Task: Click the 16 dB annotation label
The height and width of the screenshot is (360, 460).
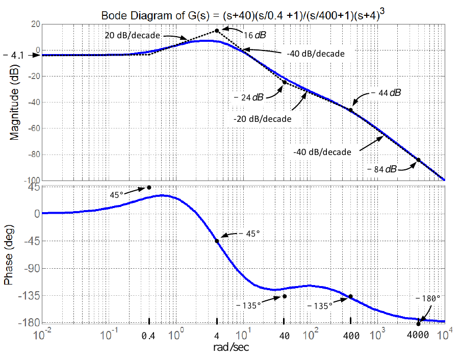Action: click(x=255, y=35)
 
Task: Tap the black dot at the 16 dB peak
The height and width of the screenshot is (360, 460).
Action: click(x=217, y=31)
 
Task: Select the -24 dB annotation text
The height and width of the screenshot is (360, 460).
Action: click(x=249, y=97)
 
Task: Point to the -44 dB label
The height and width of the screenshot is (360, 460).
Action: click(x=386, y=93)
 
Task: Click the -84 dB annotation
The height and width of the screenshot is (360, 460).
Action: click(x=382, y=169)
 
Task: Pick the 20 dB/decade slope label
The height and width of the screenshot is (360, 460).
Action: click(x=133, y=36)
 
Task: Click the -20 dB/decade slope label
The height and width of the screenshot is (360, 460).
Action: click(x=263, y=119)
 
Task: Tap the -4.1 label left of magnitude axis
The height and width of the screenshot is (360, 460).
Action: click(x=13, y=55)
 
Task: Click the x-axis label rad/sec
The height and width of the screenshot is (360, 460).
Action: click(x=231, y=347)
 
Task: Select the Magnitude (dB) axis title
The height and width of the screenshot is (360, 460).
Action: click(x=14, y=102)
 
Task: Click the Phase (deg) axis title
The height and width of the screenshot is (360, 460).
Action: click(x=8, y=254)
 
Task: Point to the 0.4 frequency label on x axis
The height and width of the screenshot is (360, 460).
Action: click(x=148, y=336)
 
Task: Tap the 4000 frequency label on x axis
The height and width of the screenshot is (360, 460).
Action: click(x=418, y=335)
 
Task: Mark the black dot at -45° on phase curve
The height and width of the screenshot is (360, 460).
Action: click(x=217, y=241)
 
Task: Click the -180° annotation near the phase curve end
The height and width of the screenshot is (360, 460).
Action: click(x=428, y=298)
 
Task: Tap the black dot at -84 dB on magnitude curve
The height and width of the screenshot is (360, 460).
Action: click(x=418, y=160)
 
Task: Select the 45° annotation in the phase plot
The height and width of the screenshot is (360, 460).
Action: click(x=116, y=195)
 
